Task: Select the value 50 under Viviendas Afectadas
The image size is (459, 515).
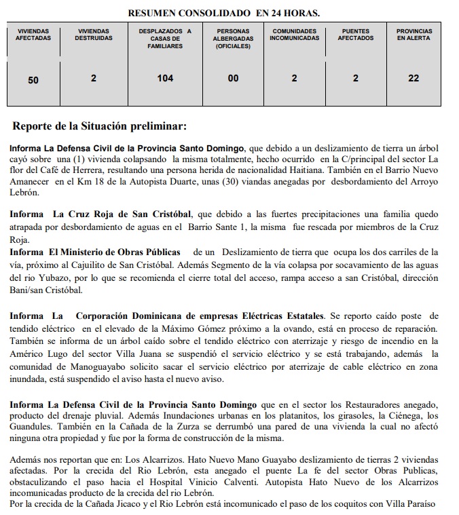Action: [33, 80]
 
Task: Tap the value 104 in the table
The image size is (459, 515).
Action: [165, 79]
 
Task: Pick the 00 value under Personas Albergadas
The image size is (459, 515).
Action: [233, 79]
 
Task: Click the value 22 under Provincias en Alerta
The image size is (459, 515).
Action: [414, 79]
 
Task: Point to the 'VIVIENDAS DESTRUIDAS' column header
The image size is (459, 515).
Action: [93, 35]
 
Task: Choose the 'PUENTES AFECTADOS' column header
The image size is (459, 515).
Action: [355, 35]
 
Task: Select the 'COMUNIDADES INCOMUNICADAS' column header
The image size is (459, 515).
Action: [294, 35]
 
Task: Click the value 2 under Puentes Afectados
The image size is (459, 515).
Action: [355, 79]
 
